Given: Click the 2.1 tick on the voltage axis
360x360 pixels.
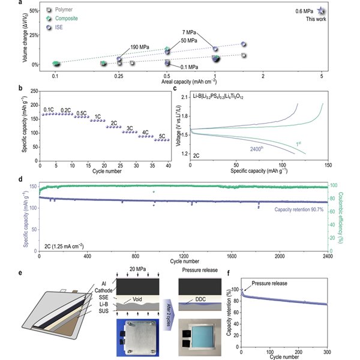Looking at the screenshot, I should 183,97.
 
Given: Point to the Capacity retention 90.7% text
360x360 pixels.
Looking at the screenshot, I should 298,209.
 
